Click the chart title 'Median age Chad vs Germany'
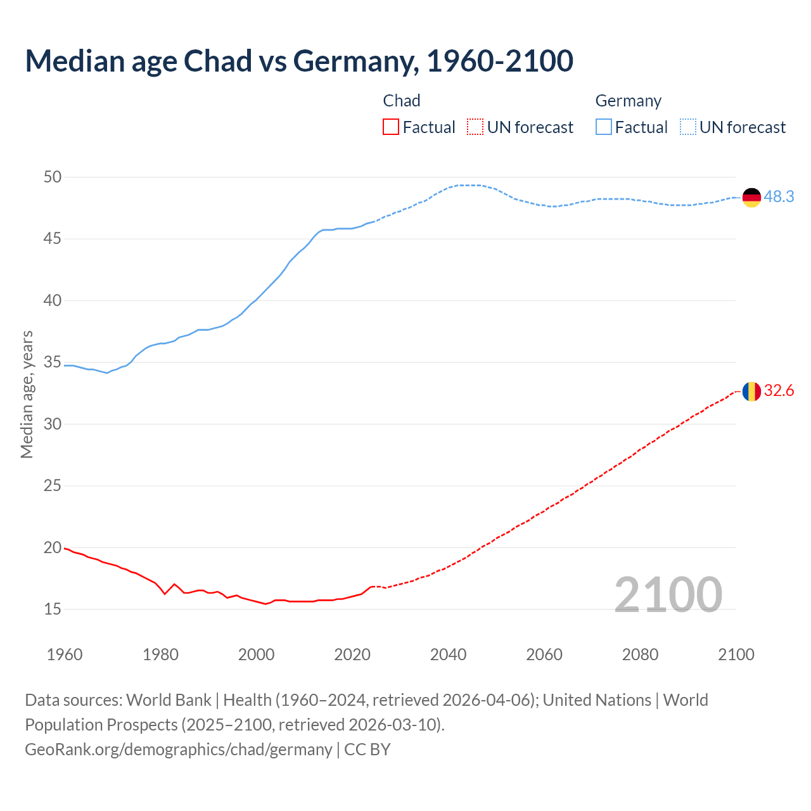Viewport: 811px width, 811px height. pos(299,61)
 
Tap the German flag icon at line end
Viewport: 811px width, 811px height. pos(751,197)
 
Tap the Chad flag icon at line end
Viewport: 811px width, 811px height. pos(751,392)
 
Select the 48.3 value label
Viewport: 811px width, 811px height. pos(779,197)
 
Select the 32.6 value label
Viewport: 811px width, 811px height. pos(779,391)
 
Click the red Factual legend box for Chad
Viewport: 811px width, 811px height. pos(391,127)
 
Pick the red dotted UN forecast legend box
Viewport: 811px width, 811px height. pos(475,127)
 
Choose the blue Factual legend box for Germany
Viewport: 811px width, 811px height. pos(604,127)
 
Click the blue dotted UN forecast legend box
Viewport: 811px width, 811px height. pos(688,127)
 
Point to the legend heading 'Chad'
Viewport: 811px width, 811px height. pos(402,101)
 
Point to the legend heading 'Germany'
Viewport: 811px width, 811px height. pos(628,101)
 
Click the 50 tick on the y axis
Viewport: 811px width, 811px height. pos(53,177)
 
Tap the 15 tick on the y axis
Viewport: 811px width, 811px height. pos(53,610)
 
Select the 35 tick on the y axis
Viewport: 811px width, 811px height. pos(53,362)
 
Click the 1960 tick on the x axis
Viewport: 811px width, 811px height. pos(65,655)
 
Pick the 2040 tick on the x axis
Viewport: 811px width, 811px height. pos(448,655)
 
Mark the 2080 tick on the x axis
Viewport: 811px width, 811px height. pos(640,655)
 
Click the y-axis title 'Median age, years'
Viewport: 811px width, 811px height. pos(27,394)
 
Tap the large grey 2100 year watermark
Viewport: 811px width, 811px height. pos(668,595)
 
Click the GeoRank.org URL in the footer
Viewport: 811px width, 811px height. pos(178,750)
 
